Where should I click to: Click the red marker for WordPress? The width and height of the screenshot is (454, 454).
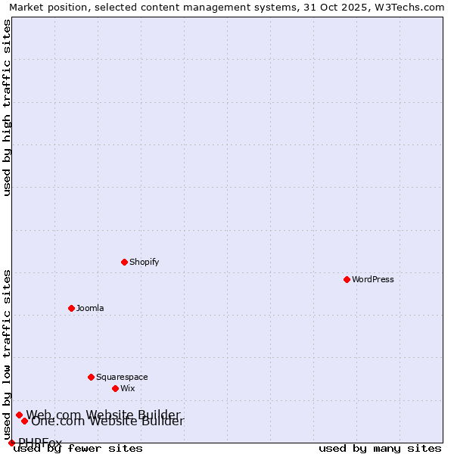click(x=347, y=279)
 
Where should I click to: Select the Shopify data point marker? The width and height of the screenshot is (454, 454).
click(x=124, y=262)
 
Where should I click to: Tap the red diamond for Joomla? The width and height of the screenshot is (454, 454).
click(x=71, y=308)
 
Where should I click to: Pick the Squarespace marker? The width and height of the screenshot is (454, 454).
click(x=91, y=377)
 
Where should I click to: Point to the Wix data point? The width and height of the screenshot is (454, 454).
click(x=115, y=388)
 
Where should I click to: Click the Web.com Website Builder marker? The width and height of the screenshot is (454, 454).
click(x=19, y=415)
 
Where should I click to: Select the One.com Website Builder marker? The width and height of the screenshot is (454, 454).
click(x=24, y=421)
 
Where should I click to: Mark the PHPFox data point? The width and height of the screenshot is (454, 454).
click(x=11, y=443)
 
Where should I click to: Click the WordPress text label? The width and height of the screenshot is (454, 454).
click(x=373, y=279)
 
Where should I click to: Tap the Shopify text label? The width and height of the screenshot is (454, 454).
click(x=144, y=262)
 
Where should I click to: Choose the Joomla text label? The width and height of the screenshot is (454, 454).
click(x=90, y=308)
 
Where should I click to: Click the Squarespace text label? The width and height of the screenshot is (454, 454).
click(x=122, y=377)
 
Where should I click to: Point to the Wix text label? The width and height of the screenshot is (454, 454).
click(x=127, y=388)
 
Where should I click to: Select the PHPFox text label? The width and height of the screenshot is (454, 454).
click(x=40, y=443)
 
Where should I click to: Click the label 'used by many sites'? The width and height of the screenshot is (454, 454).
click(x=380, y=449)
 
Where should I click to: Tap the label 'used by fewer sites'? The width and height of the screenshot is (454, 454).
click(x=78, y=449)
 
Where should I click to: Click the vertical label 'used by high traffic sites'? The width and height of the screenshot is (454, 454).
click(x=8, y=107)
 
